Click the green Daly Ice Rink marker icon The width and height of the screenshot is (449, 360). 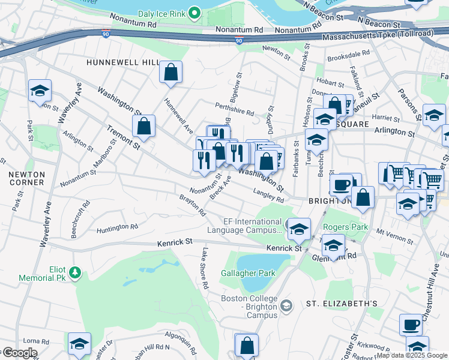tap(194, 12)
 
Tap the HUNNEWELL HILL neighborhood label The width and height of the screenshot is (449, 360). tap(122, 62)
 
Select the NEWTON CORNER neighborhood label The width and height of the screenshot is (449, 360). tap(26, 178)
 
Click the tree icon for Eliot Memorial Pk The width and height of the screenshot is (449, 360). tap(74, 274)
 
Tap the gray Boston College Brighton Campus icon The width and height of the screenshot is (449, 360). tap(286, 306)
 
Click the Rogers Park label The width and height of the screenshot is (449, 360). tap(345, 227)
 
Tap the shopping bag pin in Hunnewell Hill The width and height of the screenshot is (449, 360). tap(171, 73)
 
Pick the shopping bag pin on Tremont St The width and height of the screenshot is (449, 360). tap(143, 127)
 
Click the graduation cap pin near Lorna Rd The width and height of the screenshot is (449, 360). tap(79, 344)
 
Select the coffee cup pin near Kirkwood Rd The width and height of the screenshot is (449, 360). tap(411, 325)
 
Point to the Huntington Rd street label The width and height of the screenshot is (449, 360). tap(117, 227)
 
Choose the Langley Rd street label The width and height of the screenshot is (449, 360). tap(268, 196)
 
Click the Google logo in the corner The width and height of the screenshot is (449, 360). tap(19, 353)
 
